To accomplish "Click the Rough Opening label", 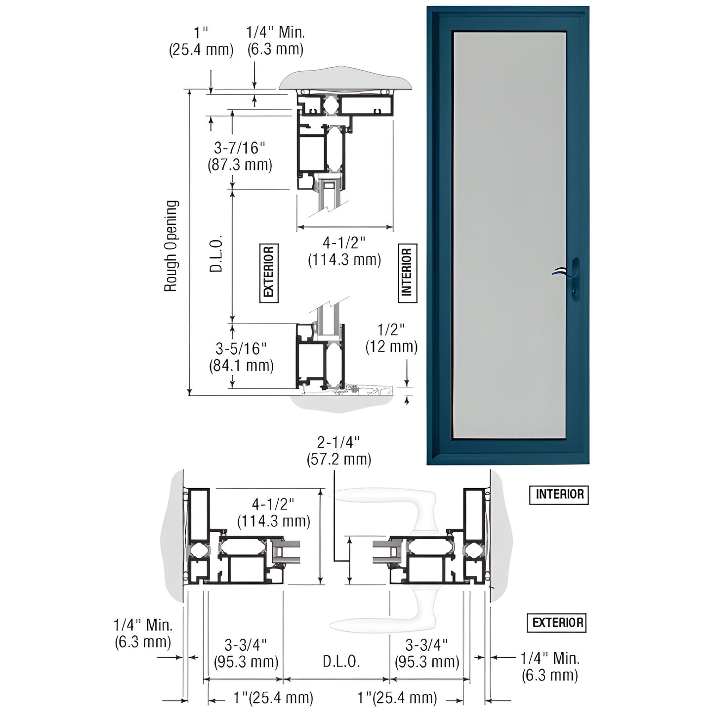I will (x=170, y=246).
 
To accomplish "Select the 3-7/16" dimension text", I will (x=240, y=148).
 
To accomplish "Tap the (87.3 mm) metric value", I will (x=240, y=165).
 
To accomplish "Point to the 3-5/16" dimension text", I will (x=241, y=349).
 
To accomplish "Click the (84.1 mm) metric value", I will (x=241, y=366).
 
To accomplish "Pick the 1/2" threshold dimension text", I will (x=391, y=330).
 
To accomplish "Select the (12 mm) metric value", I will (x=391, y=347).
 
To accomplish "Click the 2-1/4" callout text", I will (x=338, y=442).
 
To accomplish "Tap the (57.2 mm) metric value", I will (x=338, y=459).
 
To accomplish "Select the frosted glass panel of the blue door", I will (x=509, y=232).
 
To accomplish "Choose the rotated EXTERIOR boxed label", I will (x=269, y=273).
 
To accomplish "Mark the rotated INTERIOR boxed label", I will (x=407, y=273).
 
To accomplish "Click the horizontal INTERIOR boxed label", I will (x=559, y=494).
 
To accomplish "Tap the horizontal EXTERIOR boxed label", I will (x=557, y=623).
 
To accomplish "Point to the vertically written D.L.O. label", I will (x=216, y=253).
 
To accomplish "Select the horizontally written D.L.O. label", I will (x=341, y=662).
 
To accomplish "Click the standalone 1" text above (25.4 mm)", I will (x=201, y=33).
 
